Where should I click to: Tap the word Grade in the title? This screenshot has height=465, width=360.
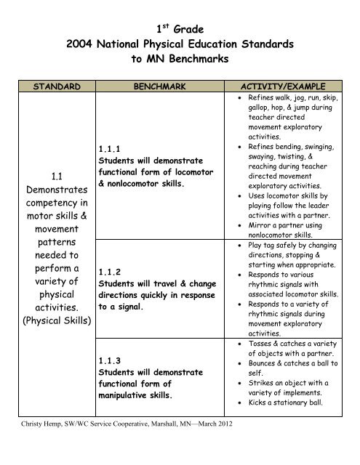click(191, 30)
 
